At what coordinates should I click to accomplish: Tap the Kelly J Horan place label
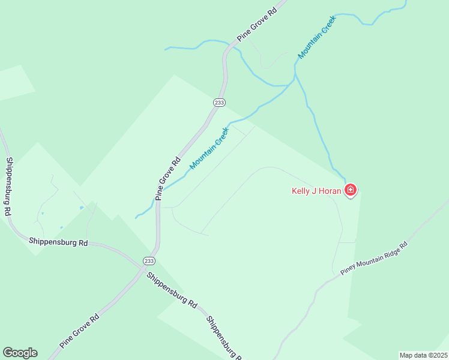[318, 191]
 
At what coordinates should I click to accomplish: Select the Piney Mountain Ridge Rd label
[374, 259]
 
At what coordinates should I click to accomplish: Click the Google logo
[20, 353]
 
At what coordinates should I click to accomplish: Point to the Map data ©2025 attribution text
[423, 355]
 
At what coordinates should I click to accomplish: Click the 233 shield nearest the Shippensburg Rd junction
[149, 260]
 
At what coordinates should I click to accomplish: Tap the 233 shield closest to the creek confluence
[219, 103]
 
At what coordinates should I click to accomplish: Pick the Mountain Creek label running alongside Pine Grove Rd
[209, 148]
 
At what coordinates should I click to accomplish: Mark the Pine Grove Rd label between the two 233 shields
[168, 178]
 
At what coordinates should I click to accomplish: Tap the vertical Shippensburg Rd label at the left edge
[8, 187]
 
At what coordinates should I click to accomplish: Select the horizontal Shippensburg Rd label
[58, 242]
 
